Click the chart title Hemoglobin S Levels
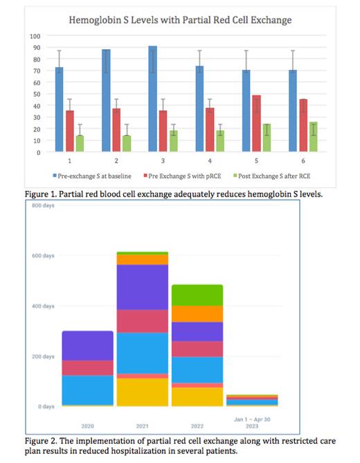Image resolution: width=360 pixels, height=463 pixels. (x=180, y=21)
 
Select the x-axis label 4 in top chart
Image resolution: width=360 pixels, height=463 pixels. (x=199, y=161)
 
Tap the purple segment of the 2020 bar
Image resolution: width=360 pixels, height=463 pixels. (x=87, y=345)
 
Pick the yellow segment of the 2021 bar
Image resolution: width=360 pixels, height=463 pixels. (x=142, y=392)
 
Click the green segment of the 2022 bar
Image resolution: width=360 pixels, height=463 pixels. (x=197, y=295)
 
